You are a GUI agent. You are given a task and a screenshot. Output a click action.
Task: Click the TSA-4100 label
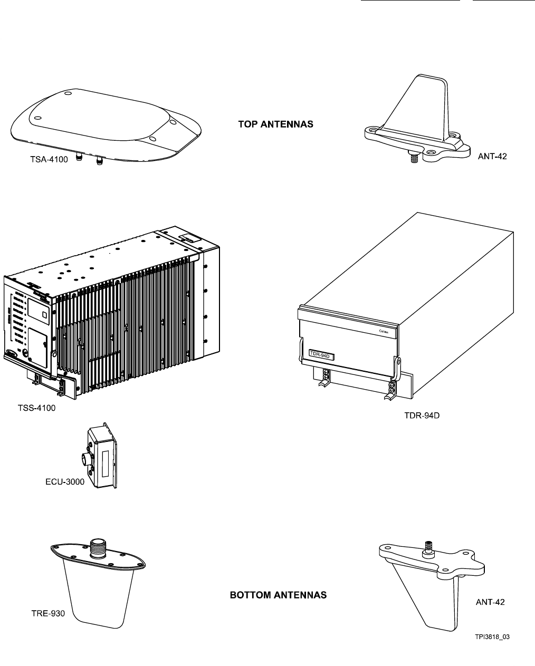coord(49,159)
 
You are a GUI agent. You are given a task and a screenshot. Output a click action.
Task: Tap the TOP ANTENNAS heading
coord(275,124)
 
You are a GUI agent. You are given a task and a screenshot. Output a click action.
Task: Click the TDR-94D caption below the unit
coord(418,416)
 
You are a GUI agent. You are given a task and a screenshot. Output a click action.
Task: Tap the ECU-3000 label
coord(64,481)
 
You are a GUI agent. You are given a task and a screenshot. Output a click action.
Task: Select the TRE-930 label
coord(47,613)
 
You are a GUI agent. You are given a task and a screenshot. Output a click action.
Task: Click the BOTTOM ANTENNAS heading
coord(278,595)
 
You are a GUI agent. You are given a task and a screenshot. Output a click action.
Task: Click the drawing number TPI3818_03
coord(492,636)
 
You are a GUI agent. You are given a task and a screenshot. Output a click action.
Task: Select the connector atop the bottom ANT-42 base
coord(428,549)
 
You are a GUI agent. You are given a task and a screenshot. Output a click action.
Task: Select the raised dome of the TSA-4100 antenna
coord(100,116)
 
